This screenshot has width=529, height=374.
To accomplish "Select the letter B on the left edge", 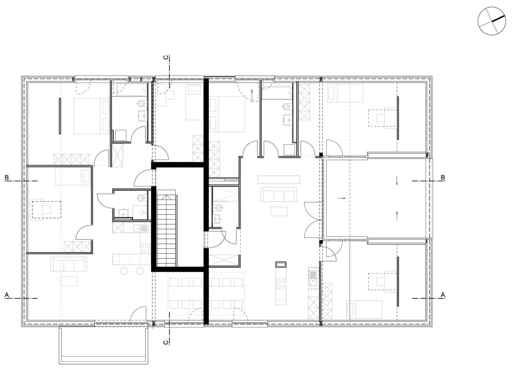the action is [7, 177].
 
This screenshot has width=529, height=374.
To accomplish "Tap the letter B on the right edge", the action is [443, 177].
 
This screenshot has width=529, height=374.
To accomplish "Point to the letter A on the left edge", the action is [7, 295].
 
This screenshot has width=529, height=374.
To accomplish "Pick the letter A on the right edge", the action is [443, 295].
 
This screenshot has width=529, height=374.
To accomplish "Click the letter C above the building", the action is [166, 57].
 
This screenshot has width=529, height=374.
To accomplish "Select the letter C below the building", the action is [166, 342].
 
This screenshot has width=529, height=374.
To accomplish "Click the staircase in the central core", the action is [167, 228].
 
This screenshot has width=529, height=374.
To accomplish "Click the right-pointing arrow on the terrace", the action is [342, 198].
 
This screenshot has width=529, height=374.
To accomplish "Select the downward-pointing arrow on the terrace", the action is [397, 180].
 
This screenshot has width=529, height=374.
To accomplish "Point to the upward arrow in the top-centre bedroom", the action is [252, 95].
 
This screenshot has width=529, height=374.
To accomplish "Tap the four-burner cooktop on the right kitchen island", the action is [281, 283].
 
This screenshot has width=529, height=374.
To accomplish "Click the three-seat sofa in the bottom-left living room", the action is [69, 264].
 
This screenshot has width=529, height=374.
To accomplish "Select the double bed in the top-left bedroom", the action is [92, 116].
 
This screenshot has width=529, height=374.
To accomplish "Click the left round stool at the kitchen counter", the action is [124, 271].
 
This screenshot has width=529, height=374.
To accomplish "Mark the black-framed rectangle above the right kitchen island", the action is [281, 265].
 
